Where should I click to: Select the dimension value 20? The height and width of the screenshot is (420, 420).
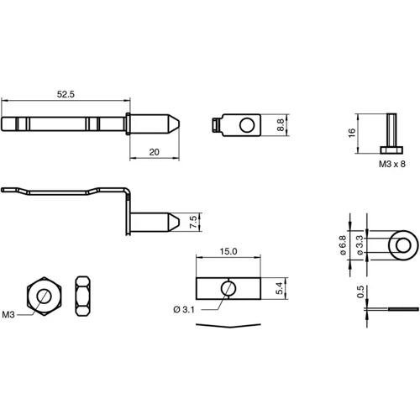[x=154, y=151]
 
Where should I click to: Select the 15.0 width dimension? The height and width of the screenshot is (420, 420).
[x=228, y=250]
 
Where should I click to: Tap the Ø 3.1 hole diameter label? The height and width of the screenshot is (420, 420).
[x=184, y=310]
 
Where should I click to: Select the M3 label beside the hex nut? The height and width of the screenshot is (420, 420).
[x=9, y=314]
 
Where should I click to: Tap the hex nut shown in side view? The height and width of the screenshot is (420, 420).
[x=83, y=296]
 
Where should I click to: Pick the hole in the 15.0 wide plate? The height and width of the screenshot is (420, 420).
[x=228, y=288]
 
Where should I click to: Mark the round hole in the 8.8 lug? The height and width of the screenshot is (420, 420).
[x=245, y=125]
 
